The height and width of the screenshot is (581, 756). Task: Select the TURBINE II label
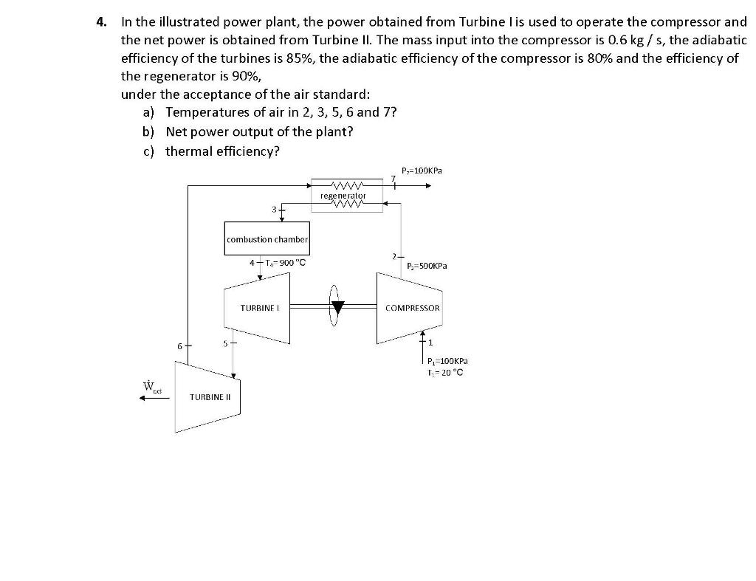210,397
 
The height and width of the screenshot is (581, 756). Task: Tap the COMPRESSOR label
413,308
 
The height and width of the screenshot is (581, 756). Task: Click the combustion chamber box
267,239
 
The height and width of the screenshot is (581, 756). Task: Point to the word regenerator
343,196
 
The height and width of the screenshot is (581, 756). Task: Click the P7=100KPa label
422,171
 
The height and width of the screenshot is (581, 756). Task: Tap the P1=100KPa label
447,361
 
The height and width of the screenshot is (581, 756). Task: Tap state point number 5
225,343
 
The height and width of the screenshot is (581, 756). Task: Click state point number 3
274,210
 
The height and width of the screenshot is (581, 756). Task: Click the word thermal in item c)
187,151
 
